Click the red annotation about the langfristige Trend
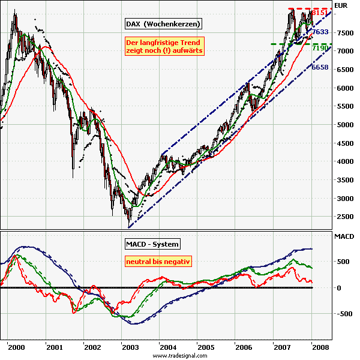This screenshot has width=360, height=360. point(164,47)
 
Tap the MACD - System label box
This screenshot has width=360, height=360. point(152,244)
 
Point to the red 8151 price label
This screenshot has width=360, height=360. point(320,13)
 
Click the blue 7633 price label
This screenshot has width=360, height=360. point(320,32)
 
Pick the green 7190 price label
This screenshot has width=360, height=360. point(320,47)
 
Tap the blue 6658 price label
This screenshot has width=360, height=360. point(320,68)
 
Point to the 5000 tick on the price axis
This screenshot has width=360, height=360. point(342,125)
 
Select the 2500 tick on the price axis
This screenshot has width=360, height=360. point(342,217)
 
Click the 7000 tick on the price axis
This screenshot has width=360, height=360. point(342,52)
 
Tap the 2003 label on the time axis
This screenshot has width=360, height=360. point(130,347)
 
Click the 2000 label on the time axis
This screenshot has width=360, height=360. point(17,347)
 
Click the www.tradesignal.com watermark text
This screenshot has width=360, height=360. point(180,356)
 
